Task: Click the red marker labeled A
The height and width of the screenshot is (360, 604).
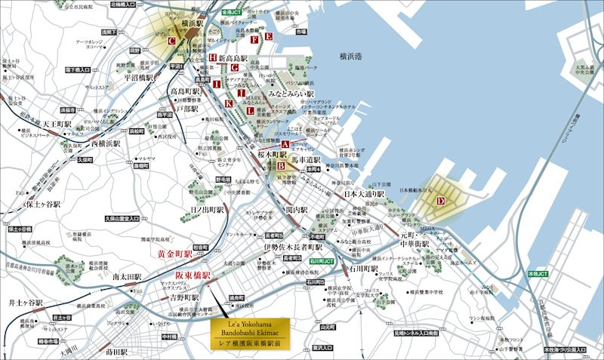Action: pyautogui.click(x=285, y=144)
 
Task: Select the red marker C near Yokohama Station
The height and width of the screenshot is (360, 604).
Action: pyautogui.click(x=172, y=41)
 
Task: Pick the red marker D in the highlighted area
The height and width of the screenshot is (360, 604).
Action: pyautogui.click(x=440, y=200)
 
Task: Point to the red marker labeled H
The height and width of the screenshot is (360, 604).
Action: pyautogui.click(x=214, y=57)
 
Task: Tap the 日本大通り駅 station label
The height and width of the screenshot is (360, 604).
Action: pyautogui.click(x=364, y=194)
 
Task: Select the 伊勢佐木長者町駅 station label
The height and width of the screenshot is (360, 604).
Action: pyautogui.click(x=293, y=246)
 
